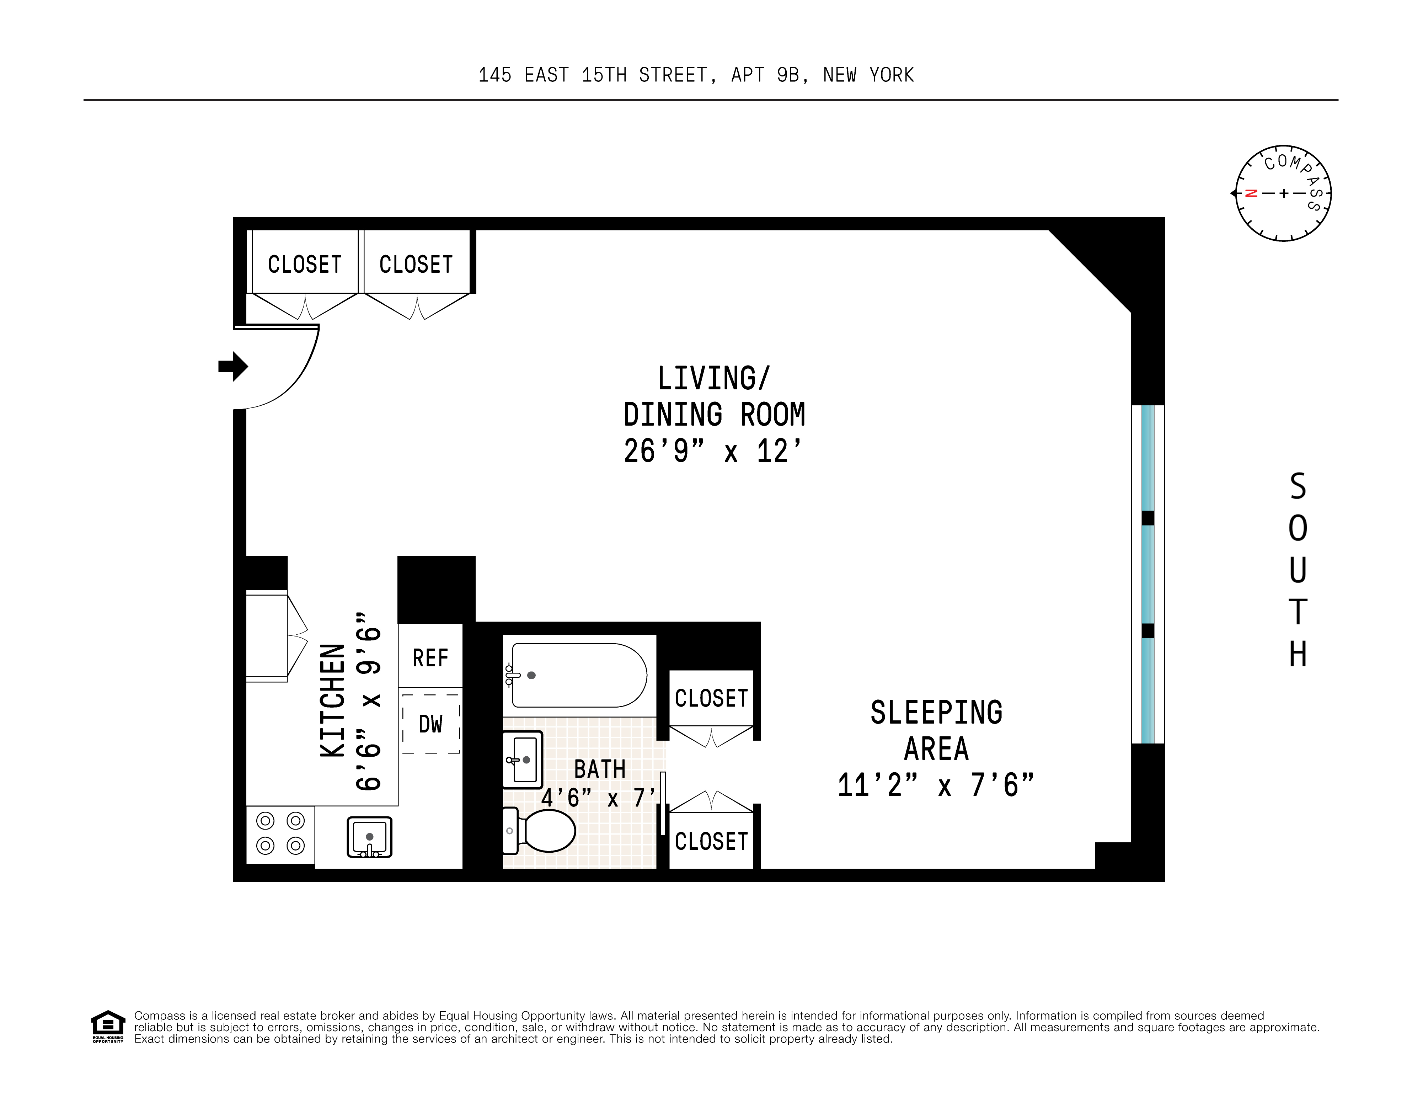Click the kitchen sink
coord(369,837)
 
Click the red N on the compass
coord(1250,193)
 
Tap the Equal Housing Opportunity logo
coord(107,1026)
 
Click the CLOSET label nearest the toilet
coord(711,841)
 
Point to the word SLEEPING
coord(936,712)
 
